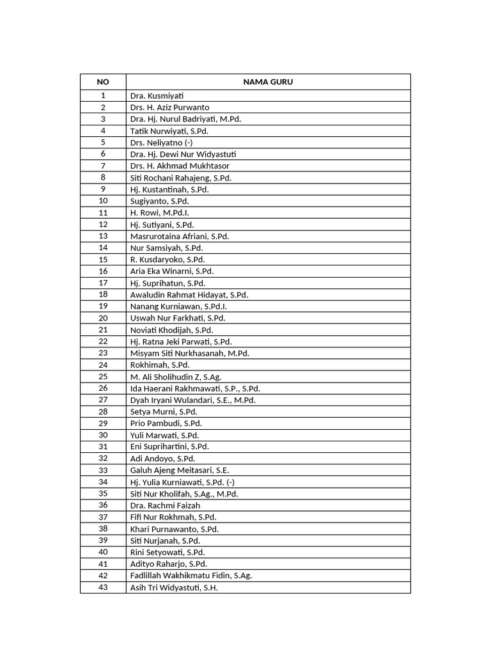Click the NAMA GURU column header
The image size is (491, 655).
pos(268,82)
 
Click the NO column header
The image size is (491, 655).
pos(103,82)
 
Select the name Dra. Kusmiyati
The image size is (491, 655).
pos(157,96)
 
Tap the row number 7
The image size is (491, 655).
pos(103,166)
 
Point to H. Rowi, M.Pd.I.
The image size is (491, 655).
pos(159,212)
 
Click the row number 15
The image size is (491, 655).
pos(103,260)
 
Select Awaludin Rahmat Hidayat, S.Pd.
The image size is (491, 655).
pos(189,295)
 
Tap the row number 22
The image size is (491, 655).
pos(103,342)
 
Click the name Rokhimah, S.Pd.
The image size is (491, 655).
pos(160,365)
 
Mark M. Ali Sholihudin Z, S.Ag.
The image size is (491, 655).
pos(176,377)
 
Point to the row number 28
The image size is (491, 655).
pos(103,412)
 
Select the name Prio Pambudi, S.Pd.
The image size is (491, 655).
pos(166,423)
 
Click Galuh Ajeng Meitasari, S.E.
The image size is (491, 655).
pos(180,470)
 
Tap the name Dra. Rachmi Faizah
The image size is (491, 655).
pos(165,505)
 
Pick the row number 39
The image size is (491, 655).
pos(103,541)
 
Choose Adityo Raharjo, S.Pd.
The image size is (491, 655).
pos(169,564)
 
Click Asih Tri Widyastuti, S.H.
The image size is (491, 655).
pos(174,588)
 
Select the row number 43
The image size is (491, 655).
pos(103,588)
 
